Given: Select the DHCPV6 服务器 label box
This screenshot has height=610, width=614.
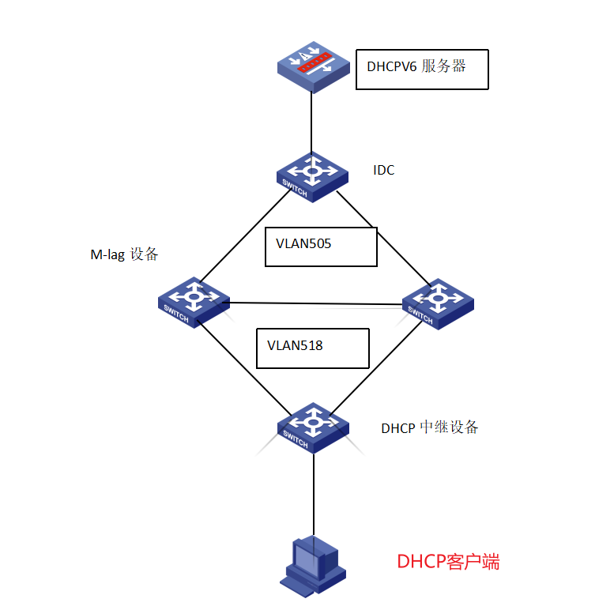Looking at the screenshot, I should click(x=422, y=70).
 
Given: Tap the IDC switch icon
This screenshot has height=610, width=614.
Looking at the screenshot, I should click(x=313, y=175).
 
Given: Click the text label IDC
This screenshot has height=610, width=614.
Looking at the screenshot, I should click(x=383, y=171).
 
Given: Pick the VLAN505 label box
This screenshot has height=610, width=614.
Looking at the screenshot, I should click(x=321, y=247).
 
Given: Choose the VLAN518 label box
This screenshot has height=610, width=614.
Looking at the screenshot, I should click(x=313, y=348).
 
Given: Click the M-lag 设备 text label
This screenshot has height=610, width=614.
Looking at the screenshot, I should click(x=125, y=254).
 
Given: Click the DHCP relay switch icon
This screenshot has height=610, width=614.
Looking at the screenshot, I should click(x=313, y=427).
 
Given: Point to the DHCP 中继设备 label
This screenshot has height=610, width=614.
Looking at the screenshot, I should click(x=429, y=427).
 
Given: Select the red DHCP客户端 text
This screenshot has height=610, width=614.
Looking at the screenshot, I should click(x=448, y=563).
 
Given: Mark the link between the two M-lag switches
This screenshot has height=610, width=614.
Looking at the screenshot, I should click(x=316, y=303).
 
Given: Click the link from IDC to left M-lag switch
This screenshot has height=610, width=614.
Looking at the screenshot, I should click(x=245, y=237).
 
